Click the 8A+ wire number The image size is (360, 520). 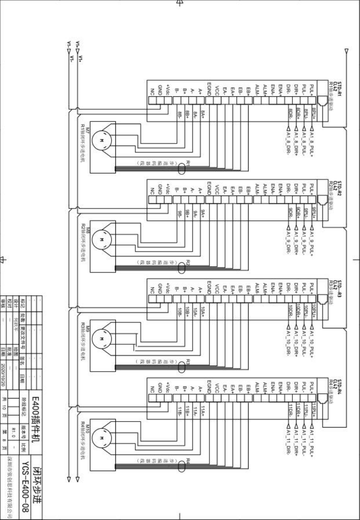point(203,114)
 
